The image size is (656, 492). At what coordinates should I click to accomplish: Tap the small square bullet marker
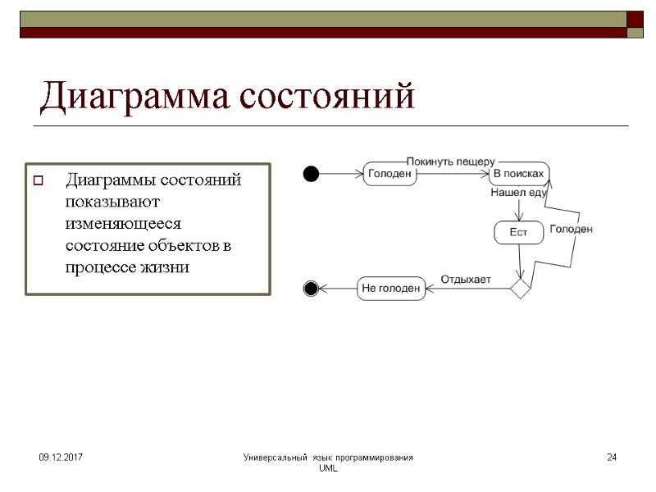coord(37,181)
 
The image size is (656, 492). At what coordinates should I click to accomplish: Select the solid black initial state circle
coord(311,173)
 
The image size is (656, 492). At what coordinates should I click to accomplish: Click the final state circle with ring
coord(311,288)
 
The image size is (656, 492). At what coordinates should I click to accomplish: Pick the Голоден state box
coord(389,174)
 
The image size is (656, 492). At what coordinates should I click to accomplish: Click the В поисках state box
coord(518,174)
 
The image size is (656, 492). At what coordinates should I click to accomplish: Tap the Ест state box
coord(518,233)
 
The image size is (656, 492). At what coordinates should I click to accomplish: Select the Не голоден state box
coord(391,288)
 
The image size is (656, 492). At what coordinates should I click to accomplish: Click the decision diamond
coord(520,288)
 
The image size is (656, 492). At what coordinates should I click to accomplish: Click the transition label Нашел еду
coord(518,194)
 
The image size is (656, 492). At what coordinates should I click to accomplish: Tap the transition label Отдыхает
coord(466,279)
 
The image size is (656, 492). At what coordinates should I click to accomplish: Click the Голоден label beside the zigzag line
coord(571,230)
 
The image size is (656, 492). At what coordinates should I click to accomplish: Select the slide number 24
coord(611,457)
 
